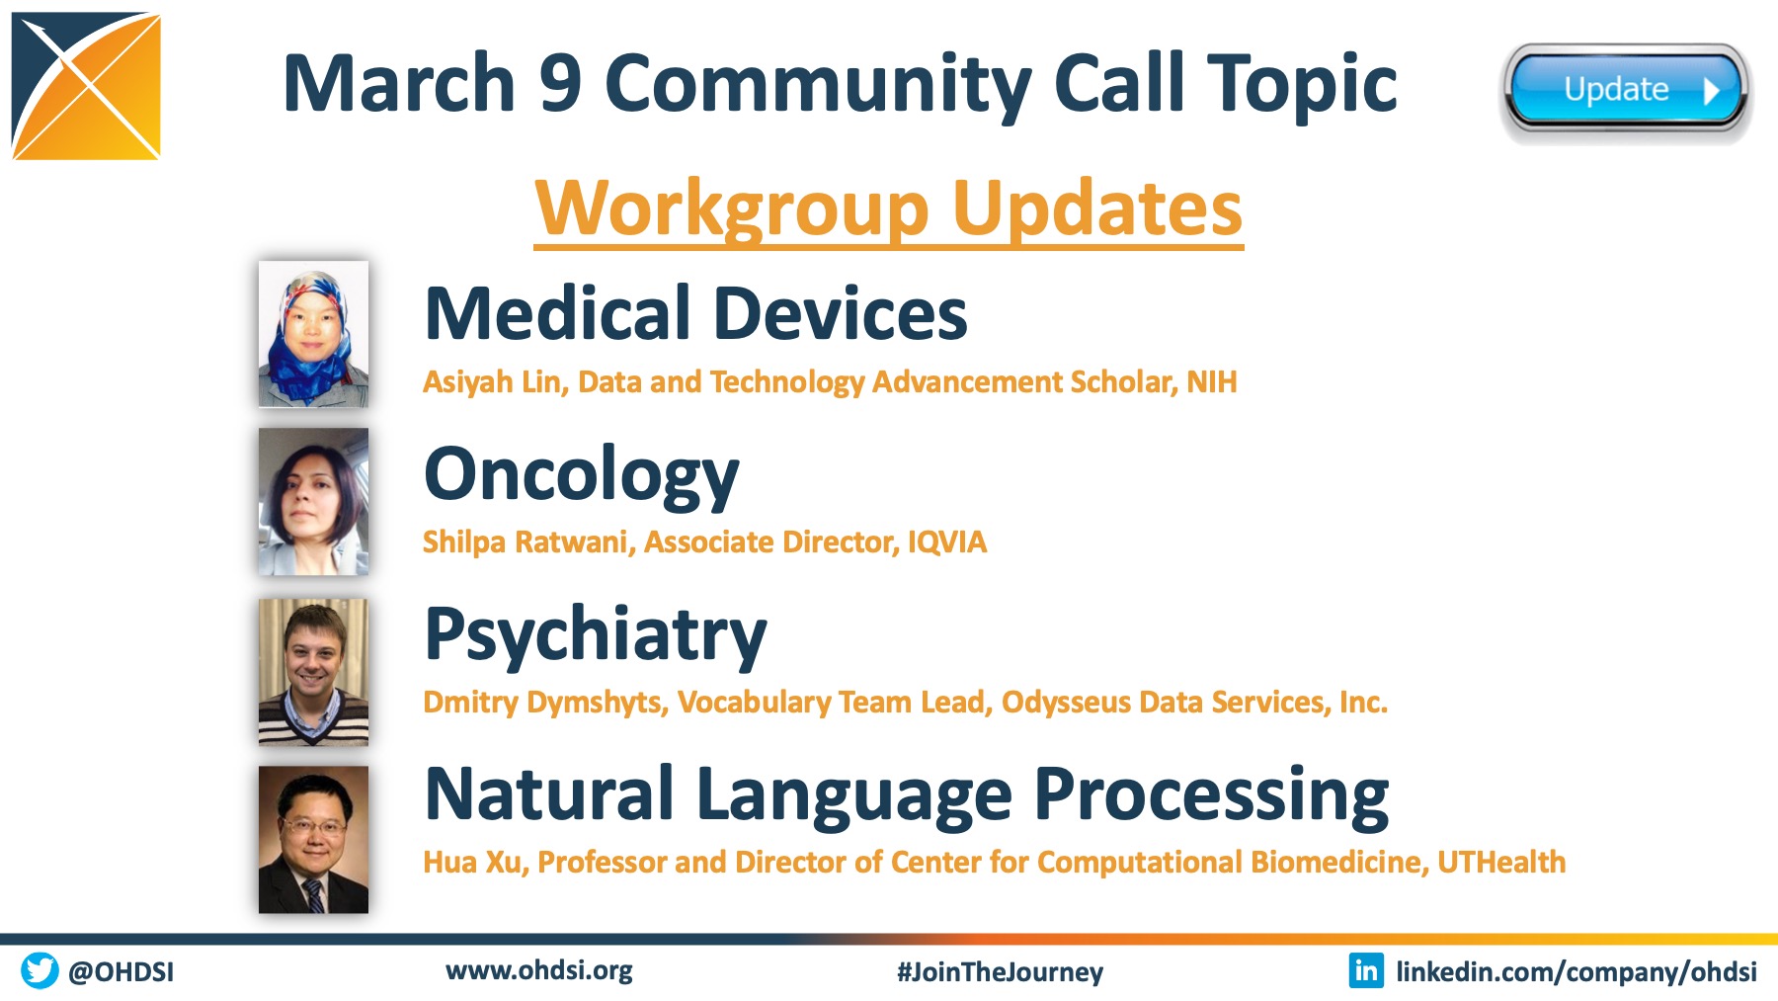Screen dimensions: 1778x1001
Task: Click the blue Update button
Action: click(x=1626, y=90)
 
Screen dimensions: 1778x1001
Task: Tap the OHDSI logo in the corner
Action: click(x=86, y=86)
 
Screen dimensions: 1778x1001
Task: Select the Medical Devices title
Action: click(x=695, y=313)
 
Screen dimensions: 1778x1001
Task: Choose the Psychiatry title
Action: click(x=596, y=636)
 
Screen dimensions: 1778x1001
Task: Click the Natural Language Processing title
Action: click(x=906, y=796)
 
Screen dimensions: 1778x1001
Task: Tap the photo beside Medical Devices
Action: click(x=313, y=334)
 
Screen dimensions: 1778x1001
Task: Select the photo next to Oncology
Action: click(x=313, y=501)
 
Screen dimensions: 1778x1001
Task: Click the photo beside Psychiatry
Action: click(x=313, y=672)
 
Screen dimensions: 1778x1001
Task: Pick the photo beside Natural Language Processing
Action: click(x=313, y=840)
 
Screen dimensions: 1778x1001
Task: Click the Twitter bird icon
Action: click(x=40, y=970)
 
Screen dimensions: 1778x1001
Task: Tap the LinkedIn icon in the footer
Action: click(x=1366, y=970)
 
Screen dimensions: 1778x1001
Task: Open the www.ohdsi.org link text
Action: click(x=539, y=970)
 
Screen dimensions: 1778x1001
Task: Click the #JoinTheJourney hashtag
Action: click(x=1000, y=972)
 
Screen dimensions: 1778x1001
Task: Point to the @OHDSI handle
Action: click(x=121, y=972)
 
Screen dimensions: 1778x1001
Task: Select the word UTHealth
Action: click(x=1501, y=863)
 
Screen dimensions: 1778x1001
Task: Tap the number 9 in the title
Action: click(x=560, y=83)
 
